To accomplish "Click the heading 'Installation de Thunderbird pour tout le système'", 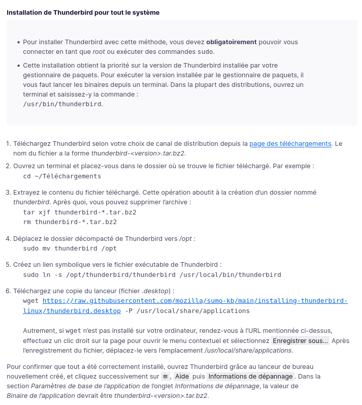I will coord(83,12).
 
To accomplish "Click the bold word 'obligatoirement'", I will coord(231,42).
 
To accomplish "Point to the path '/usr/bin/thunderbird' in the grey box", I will coord(62,104).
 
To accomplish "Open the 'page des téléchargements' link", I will coord(290,144).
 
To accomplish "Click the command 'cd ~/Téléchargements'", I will coord(62,176).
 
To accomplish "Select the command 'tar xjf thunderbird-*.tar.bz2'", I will coord(80,212).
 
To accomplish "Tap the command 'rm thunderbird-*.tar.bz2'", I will coord(70,222).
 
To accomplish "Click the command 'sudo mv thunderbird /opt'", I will coord(70,248).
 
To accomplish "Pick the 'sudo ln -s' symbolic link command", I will coord(152,274).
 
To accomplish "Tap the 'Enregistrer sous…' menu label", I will coord(301,340).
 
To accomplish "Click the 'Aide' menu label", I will coord(182,377).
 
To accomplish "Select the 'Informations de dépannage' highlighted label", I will coord(250,377).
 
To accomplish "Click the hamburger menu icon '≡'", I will coord(164,377).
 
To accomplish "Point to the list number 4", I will coord(8,238).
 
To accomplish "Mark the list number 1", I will coord(8,144).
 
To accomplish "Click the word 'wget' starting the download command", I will coord(31,301).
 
